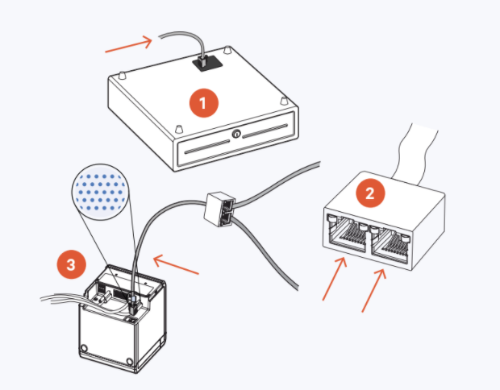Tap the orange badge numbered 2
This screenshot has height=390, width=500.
370,193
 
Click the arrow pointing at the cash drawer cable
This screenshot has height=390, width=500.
129,45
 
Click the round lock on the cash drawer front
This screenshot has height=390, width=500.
236,134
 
